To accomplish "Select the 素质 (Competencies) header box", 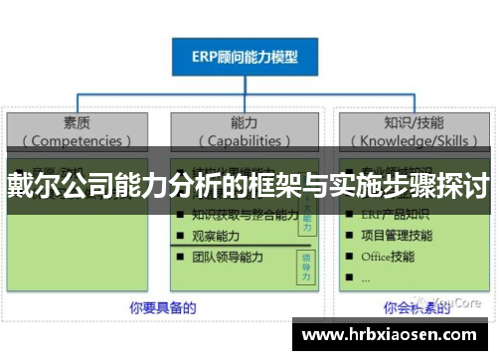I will pos(77,130).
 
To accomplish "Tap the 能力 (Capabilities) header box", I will pos(245,130).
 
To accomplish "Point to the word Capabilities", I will pos(245,141).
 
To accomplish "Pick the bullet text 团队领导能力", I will pos(227,257).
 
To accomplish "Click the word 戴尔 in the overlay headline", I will pos(30,185).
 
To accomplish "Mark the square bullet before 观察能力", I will pos(180,236).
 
